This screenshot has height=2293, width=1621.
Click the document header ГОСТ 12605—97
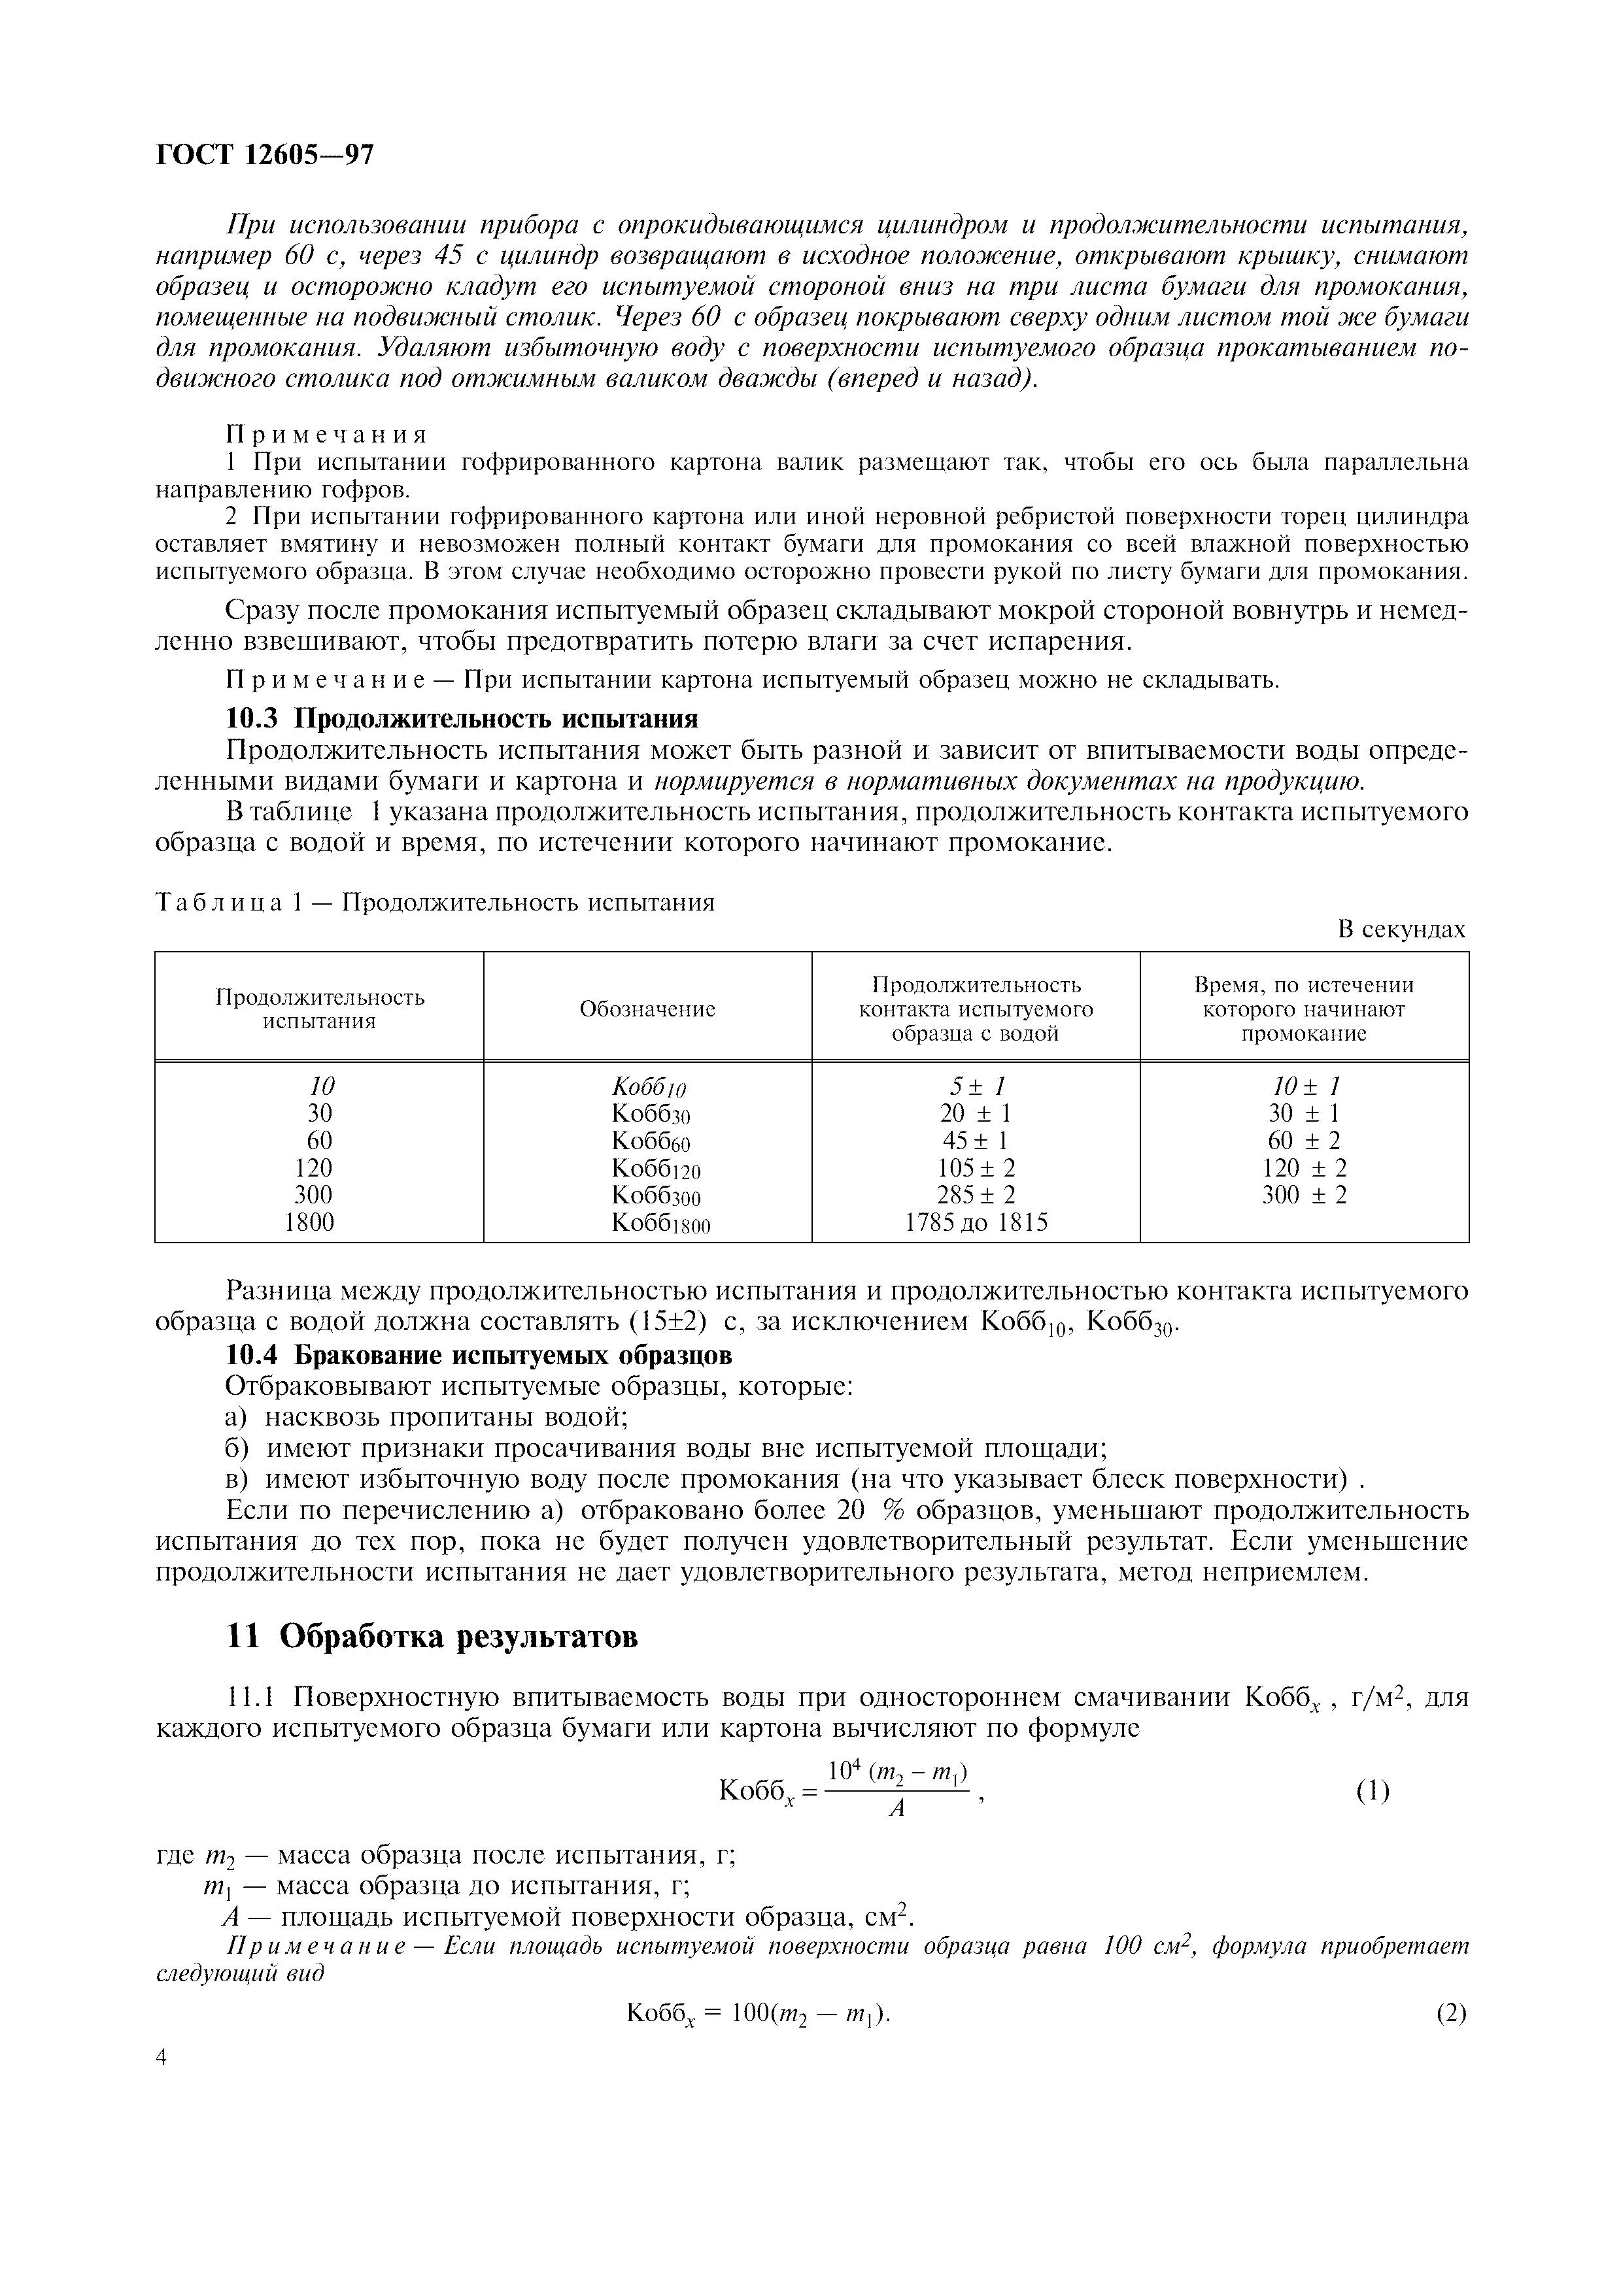click(x=265, y=155)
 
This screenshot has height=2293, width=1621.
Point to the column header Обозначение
click(x=647, y=1009)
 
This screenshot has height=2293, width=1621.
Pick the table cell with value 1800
click(x=309, y=1222)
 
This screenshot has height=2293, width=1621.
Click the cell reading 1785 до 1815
click(x=976, y=1222)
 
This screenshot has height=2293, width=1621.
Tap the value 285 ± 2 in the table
click(x=976, y=1194)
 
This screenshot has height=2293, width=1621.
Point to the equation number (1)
click(x=1373, y=1792)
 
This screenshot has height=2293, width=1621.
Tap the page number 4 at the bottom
click(x=163, y=2056)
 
